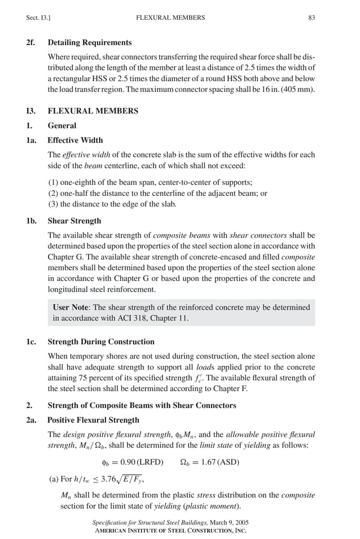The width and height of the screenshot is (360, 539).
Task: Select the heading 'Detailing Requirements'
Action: (90, 42)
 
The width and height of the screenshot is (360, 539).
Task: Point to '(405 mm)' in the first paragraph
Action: (300, 90)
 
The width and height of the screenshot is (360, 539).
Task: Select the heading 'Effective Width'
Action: (75, 140)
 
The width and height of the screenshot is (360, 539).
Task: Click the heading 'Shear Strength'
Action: (74, 221)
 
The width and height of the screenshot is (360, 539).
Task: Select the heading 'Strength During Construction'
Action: (101, 342)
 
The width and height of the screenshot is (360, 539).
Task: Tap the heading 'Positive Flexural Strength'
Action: (93, 420)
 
